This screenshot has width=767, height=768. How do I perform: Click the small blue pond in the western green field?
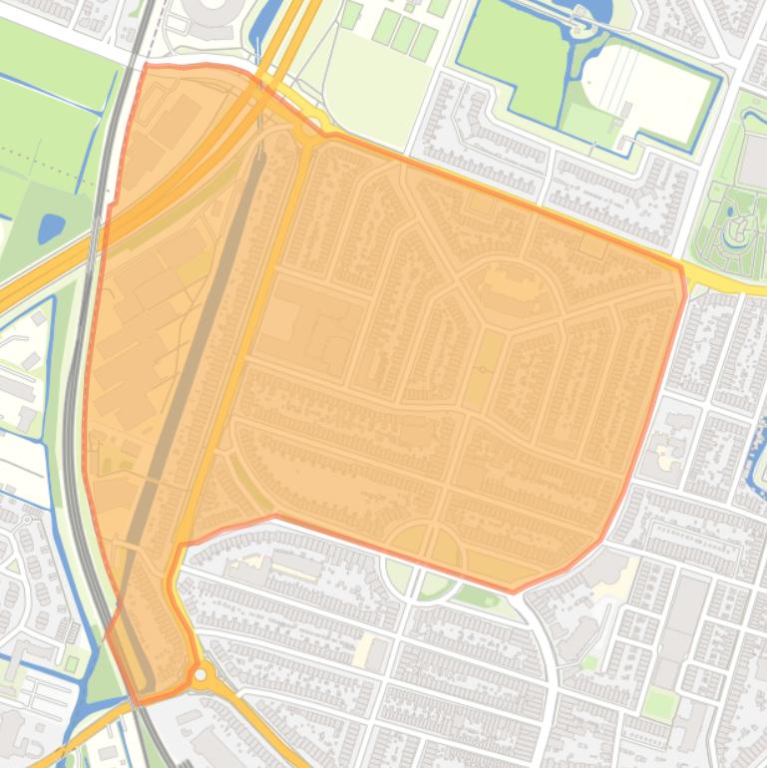tap(51, 228)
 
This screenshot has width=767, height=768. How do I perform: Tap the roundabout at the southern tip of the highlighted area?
tap(201, 675)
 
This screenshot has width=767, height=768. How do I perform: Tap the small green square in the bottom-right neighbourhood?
tap(659, 704)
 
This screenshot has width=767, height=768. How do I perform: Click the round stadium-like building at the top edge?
tap(210, 10)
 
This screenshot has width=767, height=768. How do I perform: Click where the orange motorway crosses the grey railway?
tap(101, 237)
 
